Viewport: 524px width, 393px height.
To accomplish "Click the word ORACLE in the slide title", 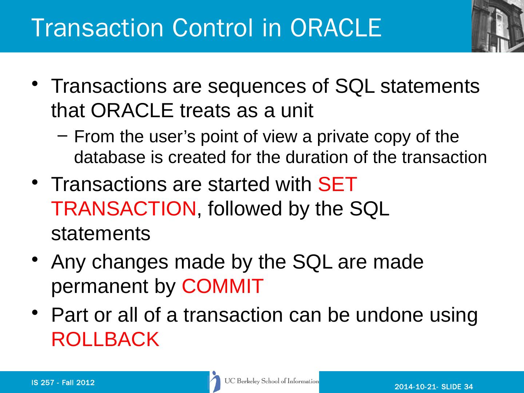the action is pyautogui.click(x=336, y=28).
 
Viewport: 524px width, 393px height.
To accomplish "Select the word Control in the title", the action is pyautogui.click(x=212, y=28).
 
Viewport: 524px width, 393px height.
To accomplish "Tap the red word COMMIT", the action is pyautogui.click(x=222, y=286).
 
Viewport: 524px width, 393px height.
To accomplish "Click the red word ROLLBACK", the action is pyautogui.click(x=105, y=339).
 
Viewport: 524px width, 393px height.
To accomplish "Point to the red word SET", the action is pyautogui.click(x=337, y=184).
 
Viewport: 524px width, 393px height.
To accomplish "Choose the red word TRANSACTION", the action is pyautogui.click(x=124, y=209).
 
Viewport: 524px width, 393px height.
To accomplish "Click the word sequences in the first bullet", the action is pyautogui.click(x=257, y=87).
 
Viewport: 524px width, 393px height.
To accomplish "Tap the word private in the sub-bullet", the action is pyautogui.click(x=342, y=137).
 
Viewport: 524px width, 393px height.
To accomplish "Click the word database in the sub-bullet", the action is pyautogui.click(x=110, y=157).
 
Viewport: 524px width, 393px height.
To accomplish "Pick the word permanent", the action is pyautogui.click(x=100, y=287).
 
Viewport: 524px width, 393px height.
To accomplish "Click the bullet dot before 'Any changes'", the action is pyautogui.click(x=35, y=259).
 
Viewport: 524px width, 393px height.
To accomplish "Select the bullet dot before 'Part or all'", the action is pyautogui.click(x=35, y=312).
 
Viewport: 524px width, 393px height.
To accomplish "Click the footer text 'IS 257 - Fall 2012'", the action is pyautogui.click(x=63, y=383).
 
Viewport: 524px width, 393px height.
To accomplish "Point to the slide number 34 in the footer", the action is pyautogui.click(x=468, y=386).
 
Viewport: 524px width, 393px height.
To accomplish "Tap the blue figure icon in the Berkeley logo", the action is pyautogui.click(x=215, y=382).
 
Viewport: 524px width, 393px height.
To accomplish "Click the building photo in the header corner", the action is pyautogui.click(x=498, y=26).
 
